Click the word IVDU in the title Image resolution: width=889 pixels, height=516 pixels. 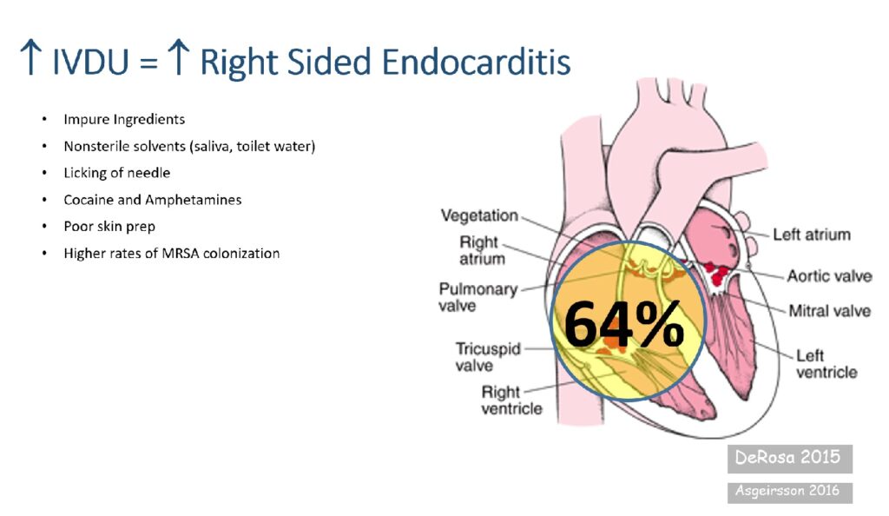click(90, 62)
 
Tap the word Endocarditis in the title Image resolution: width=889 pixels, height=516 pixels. click(477, 62)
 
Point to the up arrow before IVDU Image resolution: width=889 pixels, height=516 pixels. click(30, 57)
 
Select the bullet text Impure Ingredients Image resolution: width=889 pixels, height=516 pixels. click(124, 119)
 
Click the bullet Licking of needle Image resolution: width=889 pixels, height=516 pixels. click(117, 172)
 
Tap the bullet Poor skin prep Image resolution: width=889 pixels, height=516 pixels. click(109, 226)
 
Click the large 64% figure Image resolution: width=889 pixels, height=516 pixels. click(623, 324)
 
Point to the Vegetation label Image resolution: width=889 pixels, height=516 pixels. click(479, 215)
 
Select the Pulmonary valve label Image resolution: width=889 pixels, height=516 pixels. click(478, 297)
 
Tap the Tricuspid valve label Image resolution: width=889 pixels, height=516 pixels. click(488, 357)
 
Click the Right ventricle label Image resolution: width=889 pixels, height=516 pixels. click(511, 400)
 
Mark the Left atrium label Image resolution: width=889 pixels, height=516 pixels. click(812, 235)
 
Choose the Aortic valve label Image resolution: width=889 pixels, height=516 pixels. click(829, 276)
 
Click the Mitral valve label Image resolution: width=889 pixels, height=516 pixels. click(829, 311)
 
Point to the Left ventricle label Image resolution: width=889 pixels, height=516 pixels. click(826, 363)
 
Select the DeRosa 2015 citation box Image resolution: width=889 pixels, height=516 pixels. click(790, 458)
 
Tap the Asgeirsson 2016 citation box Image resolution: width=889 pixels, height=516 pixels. click(790, 491)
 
